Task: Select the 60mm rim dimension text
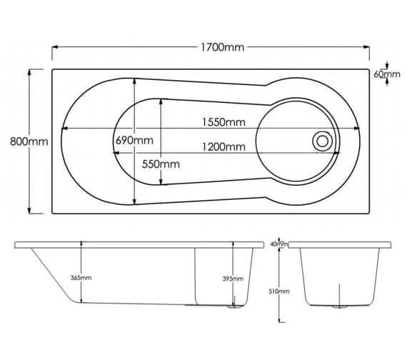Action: (388, 74)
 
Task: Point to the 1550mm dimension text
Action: (223, 122)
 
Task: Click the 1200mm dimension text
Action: (223, 147)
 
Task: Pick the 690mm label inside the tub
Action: (134, 140)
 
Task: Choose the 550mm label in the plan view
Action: (160, 164)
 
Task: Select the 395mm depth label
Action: (233, 279)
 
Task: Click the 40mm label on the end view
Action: (278, 244)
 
